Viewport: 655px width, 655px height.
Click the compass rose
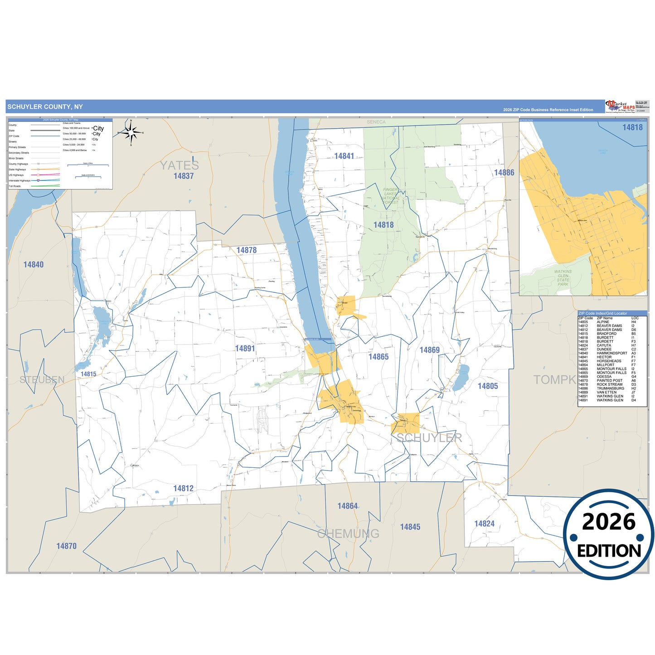click(x=131, y=132)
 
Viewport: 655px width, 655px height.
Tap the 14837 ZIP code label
click(x=184, y=176)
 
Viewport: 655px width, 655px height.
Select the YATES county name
click(x=179, y=165)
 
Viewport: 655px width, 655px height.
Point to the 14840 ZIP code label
click(x=34, y=265)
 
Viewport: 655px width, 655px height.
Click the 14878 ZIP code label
click(x=246, y=250)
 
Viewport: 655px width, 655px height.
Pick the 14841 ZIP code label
click(x=344, y=156)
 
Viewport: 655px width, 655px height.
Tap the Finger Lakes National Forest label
click(x=390, y=196)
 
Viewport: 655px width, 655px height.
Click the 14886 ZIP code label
click(x=504, y=173)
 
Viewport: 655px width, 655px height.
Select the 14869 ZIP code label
click(x=429, y=350)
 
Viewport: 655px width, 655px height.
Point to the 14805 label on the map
click(x=488, y=386)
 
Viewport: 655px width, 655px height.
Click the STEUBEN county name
click(x=42, y=379)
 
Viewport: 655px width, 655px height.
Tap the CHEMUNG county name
click(x=348, y=534)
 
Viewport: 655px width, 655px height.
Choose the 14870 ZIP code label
click(x=66, y=546)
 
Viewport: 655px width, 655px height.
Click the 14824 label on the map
click(x=484, y=524)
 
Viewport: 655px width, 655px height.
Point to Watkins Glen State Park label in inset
click(x=563, y=278)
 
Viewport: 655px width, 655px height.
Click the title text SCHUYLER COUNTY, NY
click(x=45, y=107)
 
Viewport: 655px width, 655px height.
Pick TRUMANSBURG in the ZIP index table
click(x=610, y=388)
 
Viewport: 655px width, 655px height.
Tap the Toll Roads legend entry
click(x=15, y=186)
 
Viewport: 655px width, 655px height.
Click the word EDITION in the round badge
click(x=609, y=551)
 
